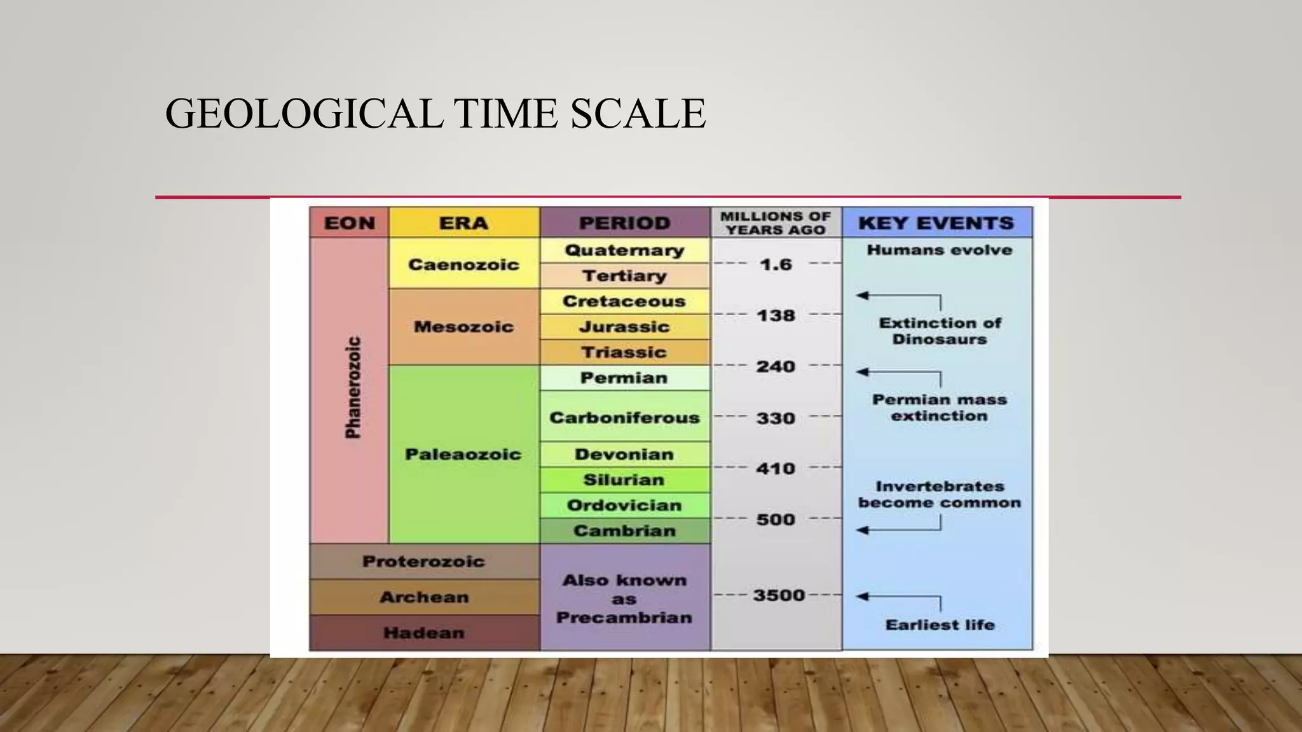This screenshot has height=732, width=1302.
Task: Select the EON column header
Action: tap(349, 223)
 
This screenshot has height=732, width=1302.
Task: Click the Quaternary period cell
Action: tap(624, 250)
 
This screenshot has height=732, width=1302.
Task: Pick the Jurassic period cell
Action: tap(624, 327)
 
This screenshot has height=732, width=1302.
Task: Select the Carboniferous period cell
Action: tap(624, 417)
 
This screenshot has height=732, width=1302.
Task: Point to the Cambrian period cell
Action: tap(624, 531)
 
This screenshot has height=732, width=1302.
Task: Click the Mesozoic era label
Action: tap(463, 327)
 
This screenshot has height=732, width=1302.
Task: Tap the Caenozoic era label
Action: tap(463, 264)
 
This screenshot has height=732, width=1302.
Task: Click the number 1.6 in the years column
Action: tap(776, 264)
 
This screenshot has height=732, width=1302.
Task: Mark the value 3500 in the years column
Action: tap(779, 595)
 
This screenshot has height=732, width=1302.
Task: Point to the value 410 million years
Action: tap(776, 469)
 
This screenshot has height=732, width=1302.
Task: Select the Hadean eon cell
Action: tap(424, 633)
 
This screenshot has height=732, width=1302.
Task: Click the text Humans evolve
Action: tap(939, 250)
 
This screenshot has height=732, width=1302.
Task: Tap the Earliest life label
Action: tap(940, 625)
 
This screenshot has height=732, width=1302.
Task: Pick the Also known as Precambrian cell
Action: tap(624, 599)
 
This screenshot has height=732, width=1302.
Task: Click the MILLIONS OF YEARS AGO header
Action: tap(776, 223)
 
